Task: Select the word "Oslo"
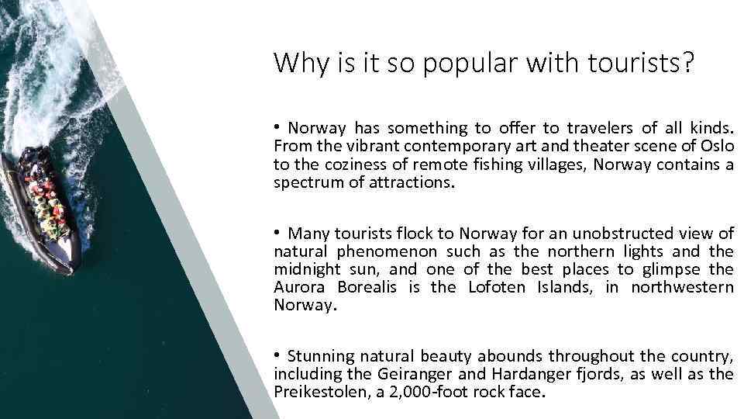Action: tap(717, 146)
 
